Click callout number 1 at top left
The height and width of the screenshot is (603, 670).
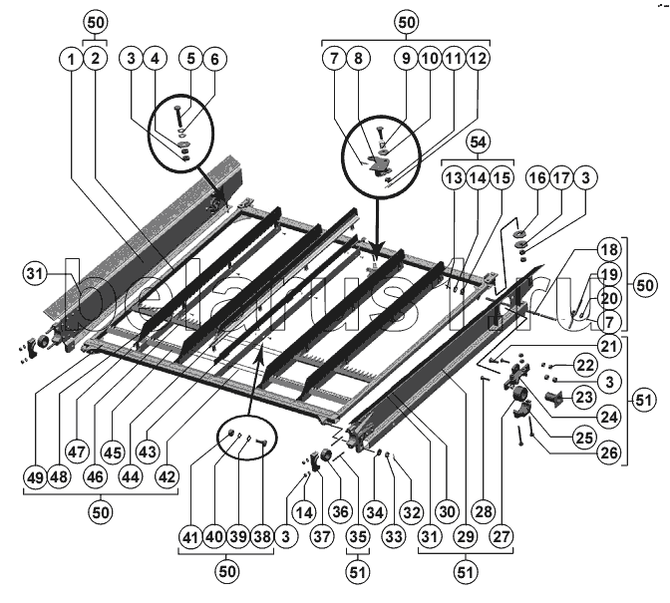tap(71, 60)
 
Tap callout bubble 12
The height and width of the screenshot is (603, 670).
tap(480, 60)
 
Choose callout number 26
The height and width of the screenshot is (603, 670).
tap(608, 452)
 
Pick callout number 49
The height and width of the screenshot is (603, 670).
tap(38, 476)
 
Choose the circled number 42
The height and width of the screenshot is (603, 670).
tap(167, 476)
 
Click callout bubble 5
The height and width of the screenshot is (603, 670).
tap(190, 60)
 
